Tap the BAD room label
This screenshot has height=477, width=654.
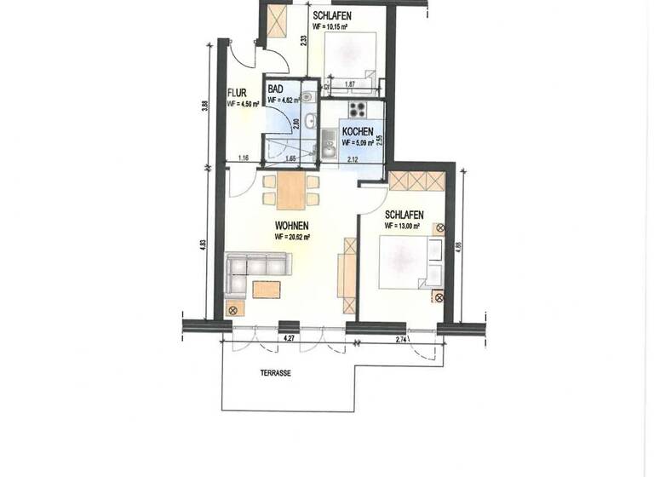tap(276, 89)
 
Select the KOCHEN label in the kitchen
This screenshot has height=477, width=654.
tap(357, 132)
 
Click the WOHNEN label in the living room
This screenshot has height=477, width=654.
tap(290, 226)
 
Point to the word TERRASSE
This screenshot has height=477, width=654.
tap(277, 372)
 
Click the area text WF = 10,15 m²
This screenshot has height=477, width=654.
tap(332, 26)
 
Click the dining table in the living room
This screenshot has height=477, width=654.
tap(290, 191)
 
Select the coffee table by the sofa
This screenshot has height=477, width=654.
tap(263, 290)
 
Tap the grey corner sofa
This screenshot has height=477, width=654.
tap(255, 267)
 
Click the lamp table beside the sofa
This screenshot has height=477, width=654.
tap(231, 308)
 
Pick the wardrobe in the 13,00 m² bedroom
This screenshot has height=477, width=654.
tap(416, 181)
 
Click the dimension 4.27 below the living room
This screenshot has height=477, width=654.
tap(289, 340)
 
